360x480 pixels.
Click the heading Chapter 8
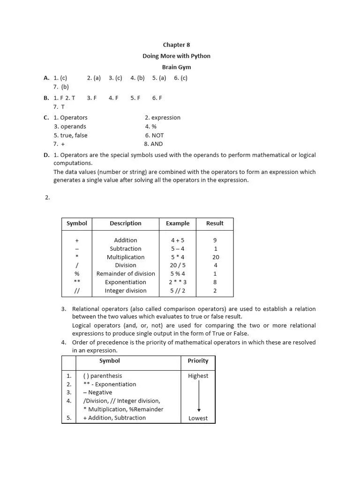[176, 45]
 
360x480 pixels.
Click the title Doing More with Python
[176, 56]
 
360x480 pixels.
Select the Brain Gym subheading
[176, 67]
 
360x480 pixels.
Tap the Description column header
[125, 224]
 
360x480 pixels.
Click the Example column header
[178, 224]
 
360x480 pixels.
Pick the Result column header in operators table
[215, 224]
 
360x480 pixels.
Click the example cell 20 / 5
[178, 265]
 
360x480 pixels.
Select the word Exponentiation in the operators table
[125, 282]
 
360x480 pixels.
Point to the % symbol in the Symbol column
[77, 274]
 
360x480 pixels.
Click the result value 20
[215, 257]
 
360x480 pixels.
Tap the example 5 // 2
[178, 291]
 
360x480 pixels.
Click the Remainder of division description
[126, 274]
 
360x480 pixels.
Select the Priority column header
[198, 361]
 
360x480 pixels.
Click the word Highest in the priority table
[198, 376]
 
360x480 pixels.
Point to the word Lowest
[198, 418]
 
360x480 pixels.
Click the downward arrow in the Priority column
[199, 397]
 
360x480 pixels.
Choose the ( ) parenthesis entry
[102, 376]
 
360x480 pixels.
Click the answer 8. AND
[153, 144]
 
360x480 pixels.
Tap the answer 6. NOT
[154, 135]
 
